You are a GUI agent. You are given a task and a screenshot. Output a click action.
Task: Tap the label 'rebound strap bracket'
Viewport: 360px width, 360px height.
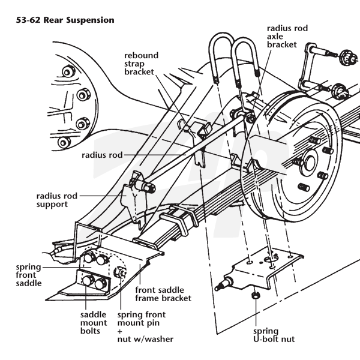click(142, 64)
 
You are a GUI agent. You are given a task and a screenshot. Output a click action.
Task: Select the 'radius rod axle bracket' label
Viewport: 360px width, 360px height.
click(282, 35)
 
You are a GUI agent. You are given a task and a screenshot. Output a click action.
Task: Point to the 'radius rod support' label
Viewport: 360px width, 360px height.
click(53, 200)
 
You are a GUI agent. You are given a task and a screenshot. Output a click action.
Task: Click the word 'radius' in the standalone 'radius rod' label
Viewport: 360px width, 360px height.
click(94, 154)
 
